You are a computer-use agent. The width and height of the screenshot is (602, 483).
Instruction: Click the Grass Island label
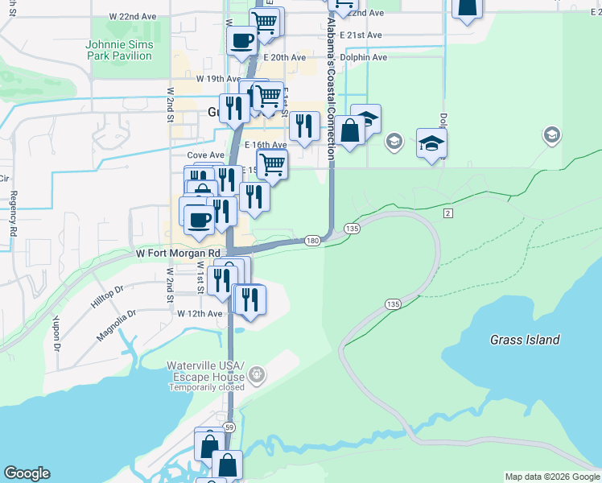pos(525,340)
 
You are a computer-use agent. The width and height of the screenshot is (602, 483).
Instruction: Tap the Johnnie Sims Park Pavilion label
pos(118,50)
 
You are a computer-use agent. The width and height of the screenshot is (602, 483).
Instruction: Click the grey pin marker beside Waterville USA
pos(257,374)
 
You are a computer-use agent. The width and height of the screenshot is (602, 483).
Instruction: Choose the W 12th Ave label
pos(200,313)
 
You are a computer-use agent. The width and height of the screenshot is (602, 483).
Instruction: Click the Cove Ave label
pos(205,155)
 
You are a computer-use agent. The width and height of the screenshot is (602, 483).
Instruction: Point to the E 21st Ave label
pos(360,35)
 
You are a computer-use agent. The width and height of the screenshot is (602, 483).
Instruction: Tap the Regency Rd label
pos(14,213)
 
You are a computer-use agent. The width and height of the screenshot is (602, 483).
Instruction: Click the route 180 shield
pos(313,241)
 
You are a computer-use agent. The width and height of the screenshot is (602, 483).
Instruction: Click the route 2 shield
pos(448,213)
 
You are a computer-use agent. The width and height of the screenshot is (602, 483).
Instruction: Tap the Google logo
pos(27,473)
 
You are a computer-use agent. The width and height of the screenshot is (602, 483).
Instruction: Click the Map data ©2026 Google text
pos(551,477)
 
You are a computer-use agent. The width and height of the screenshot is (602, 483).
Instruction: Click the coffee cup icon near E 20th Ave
pos(241,39)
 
